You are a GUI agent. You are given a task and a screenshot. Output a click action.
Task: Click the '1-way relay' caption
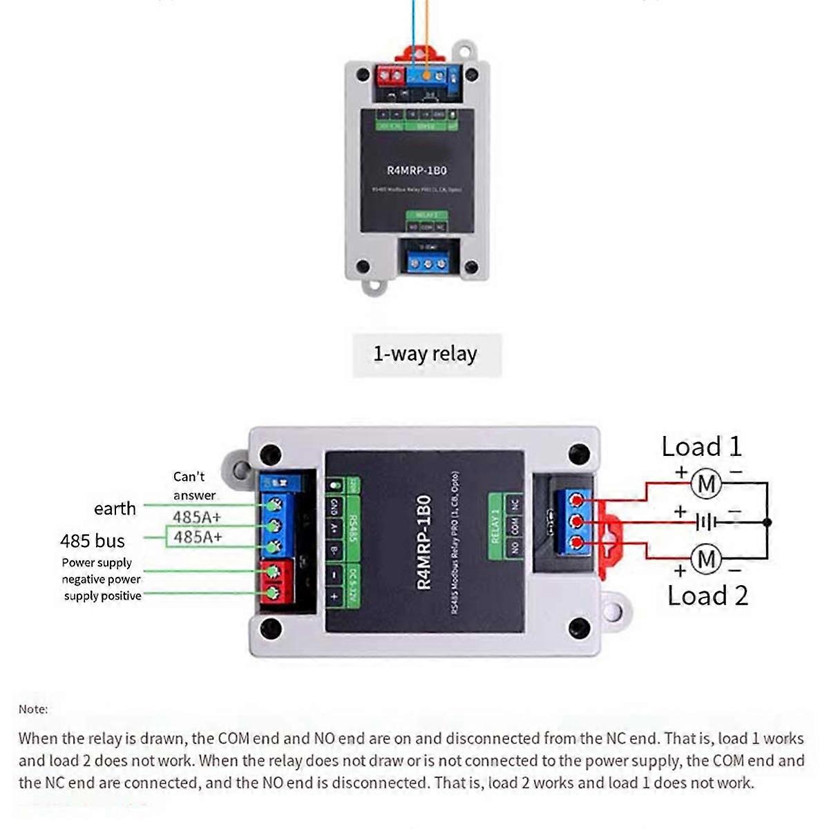pyautogui.click(x=425, y=354)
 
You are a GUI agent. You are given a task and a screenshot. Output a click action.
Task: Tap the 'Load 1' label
pyautogui.click(x=701, y=446)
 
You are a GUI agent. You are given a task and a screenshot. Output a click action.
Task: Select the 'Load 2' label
pyautogui.click(x=707, y=595)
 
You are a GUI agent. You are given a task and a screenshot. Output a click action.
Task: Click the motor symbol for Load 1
pyautogui.click(x=706, y=484)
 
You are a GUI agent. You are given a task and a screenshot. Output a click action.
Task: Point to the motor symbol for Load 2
pyautogui.click(x=706, y=558)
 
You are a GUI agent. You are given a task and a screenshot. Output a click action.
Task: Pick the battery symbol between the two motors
pyautogui.click(x=705, y=522)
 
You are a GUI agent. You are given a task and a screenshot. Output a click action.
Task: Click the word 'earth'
pyautogui.click(x=115, y=508)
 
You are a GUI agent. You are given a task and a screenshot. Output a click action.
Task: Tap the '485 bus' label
pyautogui.click(x=93, y=541)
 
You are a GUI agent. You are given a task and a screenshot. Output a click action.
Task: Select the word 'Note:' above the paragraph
pyautogui.click(x=33, y=709)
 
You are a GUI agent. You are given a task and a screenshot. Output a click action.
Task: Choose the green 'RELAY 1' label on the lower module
pyautogui.click(x=495, y=526)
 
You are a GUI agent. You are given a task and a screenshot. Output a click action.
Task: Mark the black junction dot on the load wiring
pyautogui.click(x=767, y=522)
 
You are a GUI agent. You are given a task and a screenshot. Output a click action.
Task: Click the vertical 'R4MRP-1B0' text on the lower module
pyautogui.click(x=424, y=542)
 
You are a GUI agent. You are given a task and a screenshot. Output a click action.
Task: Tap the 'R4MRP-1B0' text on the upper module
pyautogui.click(x=417, y=170)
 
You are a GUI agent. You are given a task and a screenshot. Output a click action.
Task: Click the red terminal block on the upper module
pyautogui.click(x=389, y=75)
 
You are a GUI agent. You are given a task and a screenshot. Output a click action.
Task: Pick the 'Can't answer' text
pyautogui.click(x=193, y=486)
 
